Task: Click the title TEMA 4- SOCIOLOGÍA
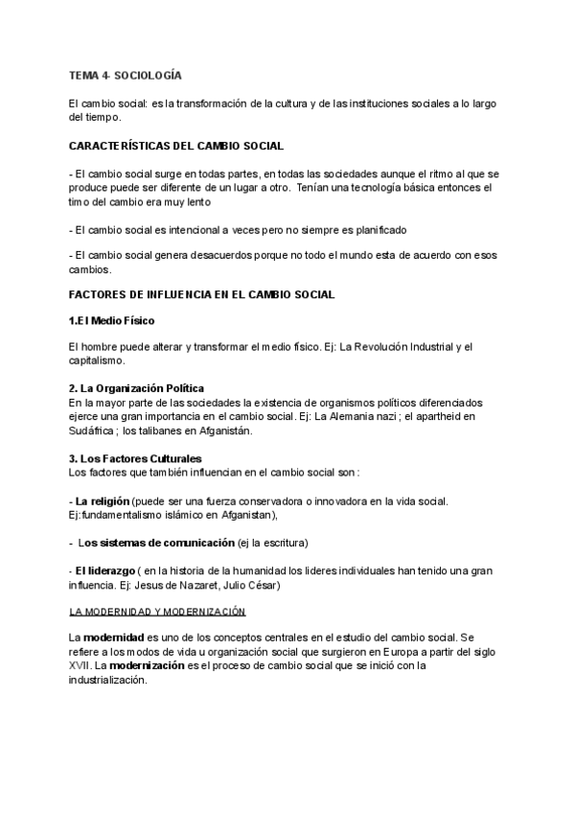pyautogui.click(x=126, y=75)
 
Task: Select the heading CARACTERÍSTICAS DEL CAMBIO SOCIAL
pyautogui.click(x=176, y=146)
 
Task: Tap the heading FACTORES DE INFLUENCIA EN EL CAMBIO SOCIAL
pyautogui.click(x=202, y=293)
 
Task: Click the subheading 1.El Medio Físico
pyautogui.click(x=112, y=319)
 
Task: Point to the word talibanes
pyautogui.click(x=177, y=430)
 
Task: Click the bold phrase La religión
pyautogui.click(x=107, y=501)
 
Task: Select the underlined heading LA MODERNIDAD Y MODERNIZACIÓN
pyautogui.click(x=158, y=611)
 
